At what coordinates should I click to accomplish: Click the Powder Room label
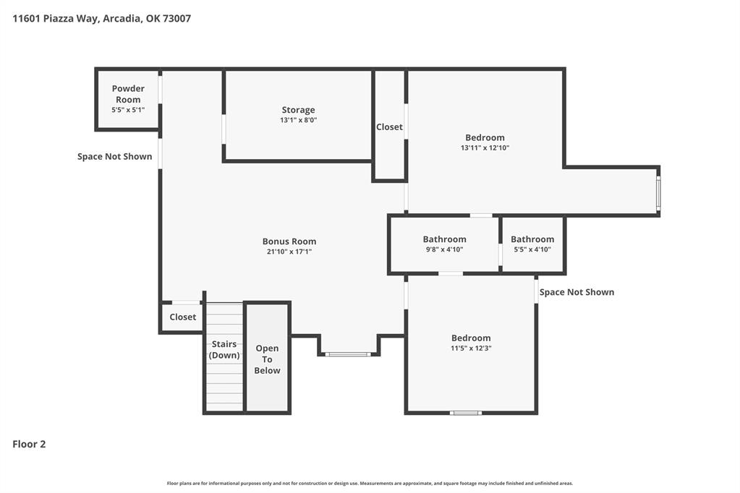pyautogui.click(x=128, y=94)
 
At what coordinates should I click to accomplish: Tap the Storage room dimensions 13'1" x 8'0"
pyautogui.click(x=298, y=120)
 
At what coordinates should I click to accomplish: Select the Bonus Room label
pyautogui.click(x=289, y=241)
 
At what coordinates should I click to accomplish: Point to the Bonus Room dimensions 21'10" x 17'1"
pyautogui.click(x=289, y=252)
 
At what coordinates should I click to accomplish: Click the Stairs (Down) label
pyautogui.click(x=224, y=350)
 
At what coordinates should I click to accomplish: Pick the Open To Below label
pyautogui.click(x=267, y=359)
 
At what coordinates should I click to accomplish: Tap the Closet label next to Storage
pyautogui.click(x=389, y=127)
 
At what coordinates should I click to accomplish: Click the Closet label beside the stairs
pyautogui.click(x=182, y=317)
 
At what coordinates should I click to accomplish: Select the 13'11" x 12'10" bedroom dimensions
pyautogui.click(x=485, y=147)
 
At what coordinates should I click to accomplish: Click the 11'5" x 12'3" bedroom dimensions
pyautogui.click(x=471, y=348)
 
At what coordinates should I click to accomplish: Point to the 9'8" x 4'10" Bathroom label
pyautogui.click(x=445, y=239)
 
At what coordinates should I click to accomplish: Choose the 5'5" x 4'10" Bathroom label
pyautogui.click(x=532, y=239)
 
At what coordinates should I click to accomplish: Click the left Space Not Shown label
pyautogui.click(x=115, y=157)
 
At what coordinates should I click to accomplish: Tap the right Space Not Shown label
pyautogui.click(x=577, y=292)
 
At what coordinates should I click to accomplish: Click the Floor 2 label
pyautogui.click(x=29, y=444)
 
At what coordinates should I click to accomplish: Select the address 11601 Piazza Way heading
pyautogui.click(x=101, y=18)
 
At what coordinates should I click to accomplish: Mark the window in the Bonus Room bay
pyautogui.click(x=348, y=353)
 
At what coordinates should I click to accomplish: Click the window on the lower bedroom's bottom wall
pyautogui.click(x=465, y=413)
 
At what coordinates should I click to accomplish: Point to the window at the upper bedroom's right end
pyautogui.click(x=659, y=194)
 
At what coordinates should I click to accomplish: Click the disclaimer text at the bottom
pyautogui.click(x=370, y=483)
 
